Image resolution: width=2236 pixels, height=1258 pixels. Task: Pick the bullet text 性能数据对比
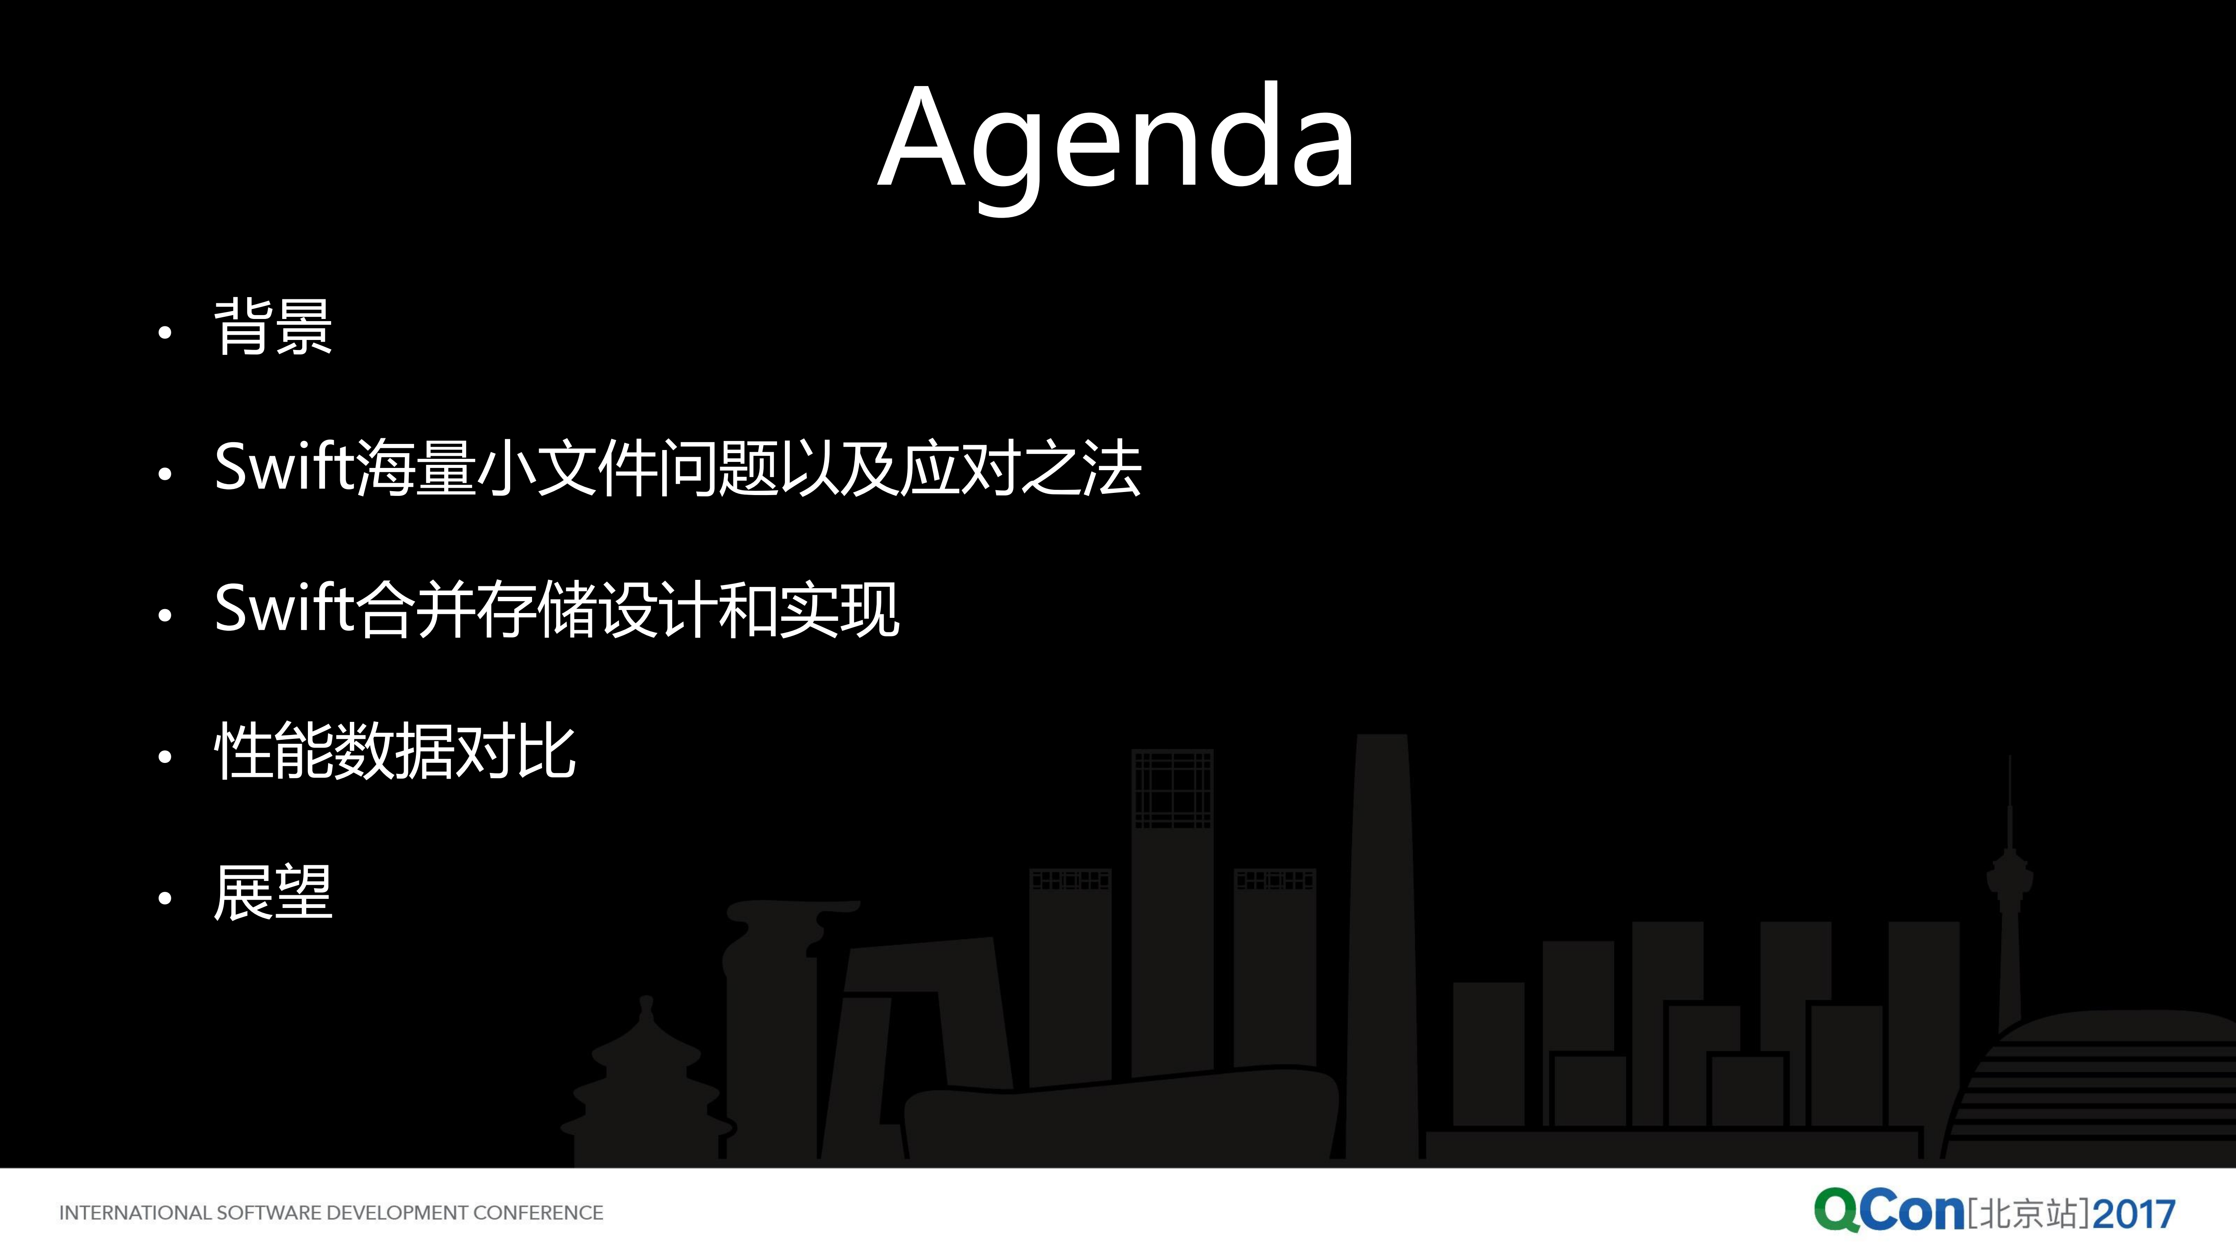coord(395,751)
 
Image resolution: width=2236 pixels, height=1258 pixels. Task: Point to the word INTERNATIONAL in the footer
coord(135,1213)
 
